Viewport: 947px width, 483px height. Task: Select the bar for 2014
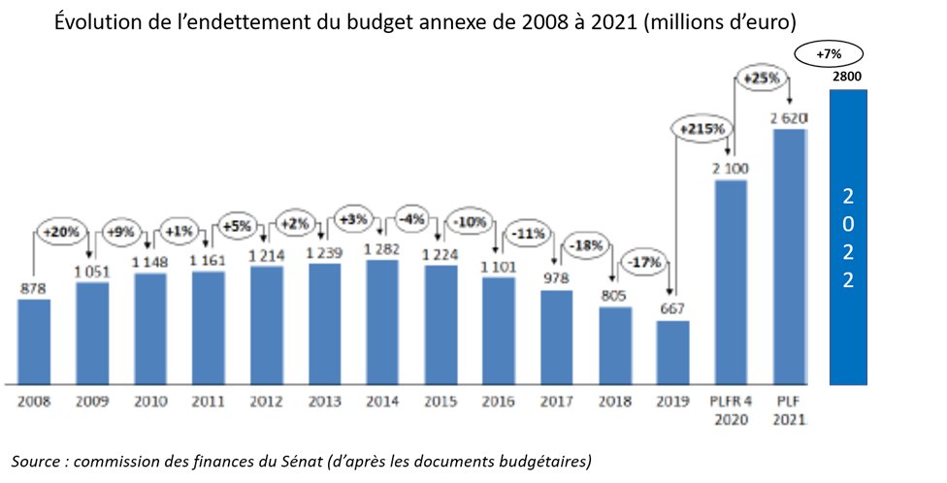382,320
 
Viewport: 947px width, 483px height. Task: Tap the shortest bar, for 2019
672,350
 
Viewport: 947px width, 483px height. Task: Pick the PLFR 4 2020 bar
731,280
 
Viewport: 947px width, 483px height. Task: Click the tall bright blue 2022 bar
848,236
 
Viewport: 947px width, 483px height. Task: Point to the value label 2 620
789,117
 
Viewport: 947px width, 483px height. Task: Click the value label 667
672,309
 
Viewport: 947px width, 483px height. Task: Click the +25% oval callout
761,77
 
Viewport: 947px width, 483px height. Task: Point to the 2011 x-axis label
209,400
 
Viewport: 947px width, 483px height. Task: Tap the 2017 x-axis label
557,400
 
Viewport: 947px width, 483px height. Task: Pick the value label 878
34,287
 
